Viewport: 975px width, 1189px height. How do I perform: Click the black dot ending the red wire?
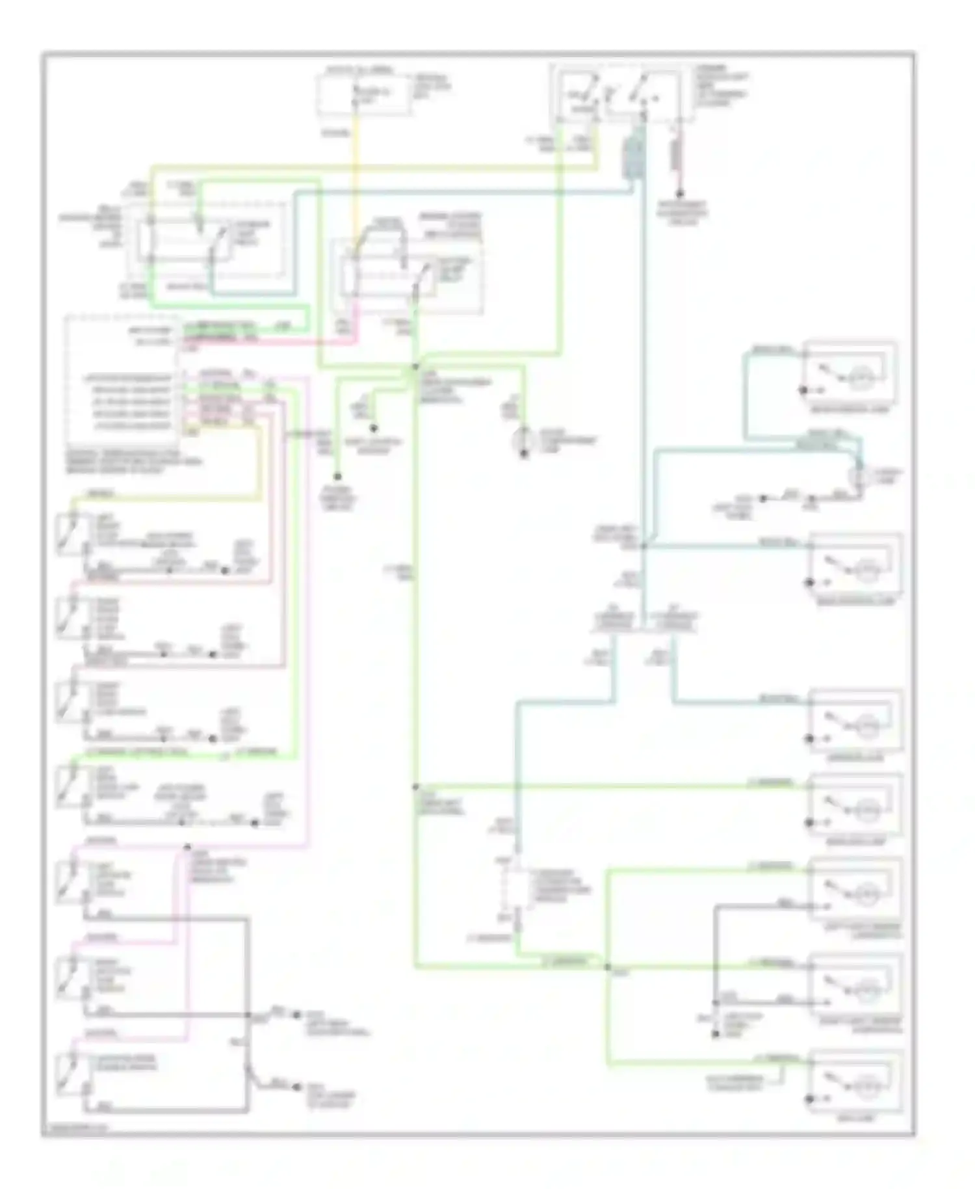[680, 194]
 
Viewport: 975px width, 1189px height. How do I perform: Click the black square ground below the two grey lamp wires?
[714, 1033]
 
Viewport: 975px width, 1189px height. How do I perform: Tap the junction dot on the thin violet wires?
[187, 847]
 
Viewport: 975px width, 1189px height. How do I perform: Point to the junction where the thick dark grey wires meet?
[248, 1015]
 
